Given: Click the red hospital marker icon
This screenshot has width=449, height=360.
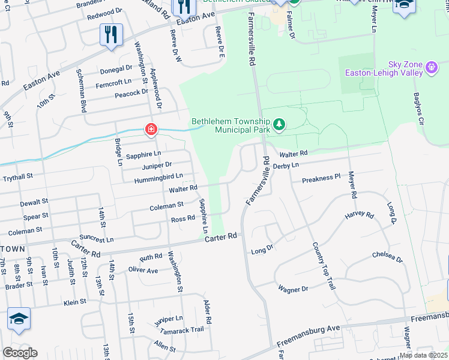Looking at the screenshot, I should pos(150,129).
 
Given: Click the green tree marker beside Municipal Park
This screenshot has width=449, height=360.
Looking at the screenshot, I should pos(279,125).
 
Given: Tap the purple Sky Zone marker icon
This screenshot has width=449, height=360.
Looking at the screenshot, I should pos(432,68).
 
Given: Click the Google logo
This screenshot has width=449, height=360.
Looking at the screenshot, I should pos(20,353).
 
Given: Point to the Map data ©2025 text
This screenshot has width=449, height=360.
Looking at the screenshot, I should pos(423,355).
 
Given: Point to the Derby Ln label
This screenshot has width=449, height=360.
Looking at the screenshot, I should pos(286,165).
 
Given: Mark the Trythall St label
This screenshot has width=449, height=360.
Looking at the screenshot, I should pos(25,177).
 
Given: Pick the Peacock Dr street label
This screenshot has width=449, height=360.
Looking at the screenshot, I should pos(131,92).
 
